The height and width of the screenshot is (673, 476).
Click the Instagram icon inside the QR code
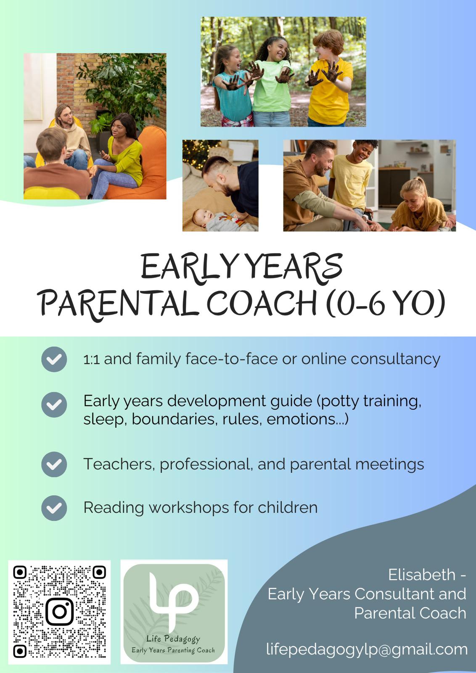coord(59,612)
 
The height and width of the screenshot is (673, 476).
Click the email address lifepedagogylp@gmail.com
coord(367,649)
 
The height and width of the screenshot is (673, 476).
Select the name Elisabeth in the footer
coord(422,575)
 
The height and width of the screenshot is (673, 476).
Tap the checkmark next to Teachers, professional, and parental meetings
coord(54,464)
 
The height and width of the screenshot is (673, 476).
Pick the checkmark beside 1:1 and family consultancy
coord(54,359)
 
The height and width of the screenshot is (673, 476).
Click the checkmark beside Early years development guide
coord(54,405)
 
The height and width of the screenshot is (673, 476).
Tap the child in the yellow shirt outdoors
coord(329,78)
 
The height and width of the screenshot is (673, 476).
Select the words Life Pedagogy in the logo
coord(173,639)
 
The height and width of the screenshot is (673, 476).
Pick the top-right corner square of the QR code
coord(99,572)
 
